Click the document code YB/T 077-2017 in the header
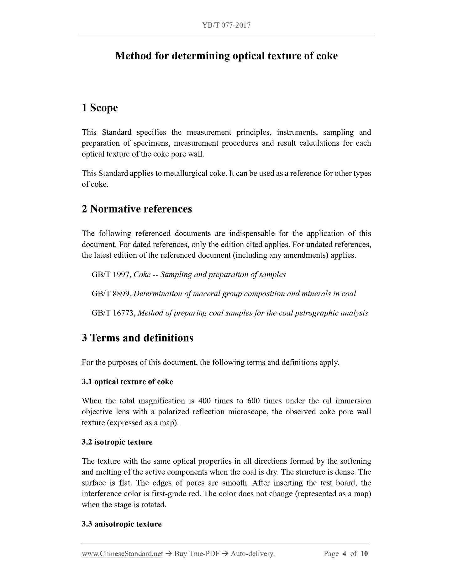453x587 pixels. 226,25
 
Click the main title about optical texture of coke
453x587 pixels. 226,56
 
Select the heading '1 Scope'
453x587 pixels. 100,108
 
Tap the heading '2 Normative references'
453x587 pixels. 137,209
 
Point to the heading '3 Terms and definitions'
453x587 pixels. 137,338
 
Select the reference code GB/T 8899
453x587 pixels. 111,294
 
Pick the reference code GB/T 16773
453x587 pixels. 113,313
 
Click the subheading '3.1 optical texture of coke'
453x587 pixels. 127,382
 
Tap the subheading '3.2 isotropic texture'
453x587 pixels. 117,442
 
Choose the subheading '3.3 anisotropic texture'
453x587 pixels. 122,524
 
